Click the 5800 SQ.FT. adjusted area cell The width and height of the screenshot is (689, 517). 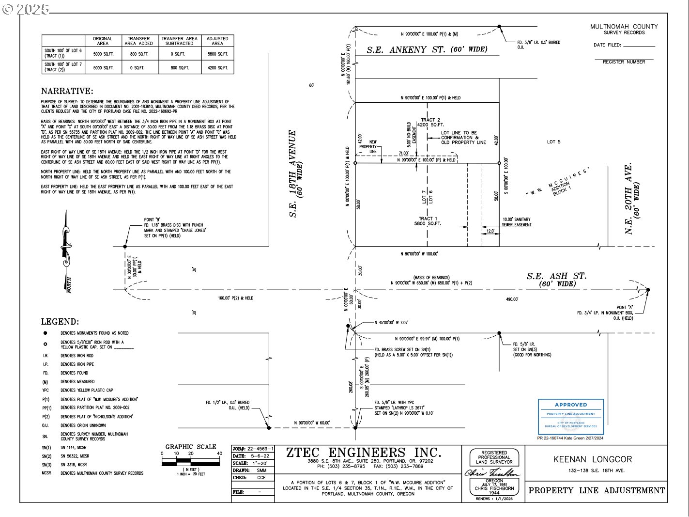(217, 54)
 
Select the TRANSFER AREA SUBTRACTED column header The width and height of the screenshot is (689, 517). (179, 41)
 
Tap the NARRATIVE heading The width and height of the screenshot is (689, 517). (67, 91)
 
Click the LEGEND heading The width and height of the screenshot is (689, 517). (60, 322)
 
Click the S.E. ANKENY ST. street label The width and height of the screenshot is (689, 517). (427, 49)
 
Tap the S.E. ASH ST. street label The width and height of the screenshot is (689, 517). (556, 276)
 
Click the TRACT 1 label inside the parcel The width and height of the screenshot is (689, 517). (426, 219)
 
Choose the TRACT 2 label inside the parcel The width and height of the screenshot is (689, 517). (430, 120)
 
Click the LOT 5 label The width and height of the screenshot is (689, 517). (554, 142)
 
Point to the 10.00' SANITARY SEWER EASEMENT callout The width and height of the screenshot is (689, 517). (516, 222)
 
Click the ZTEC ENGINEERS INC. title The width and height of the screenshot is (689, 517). (364, 453)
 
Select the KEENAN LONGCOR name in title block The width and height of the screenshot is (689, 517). (592, 459)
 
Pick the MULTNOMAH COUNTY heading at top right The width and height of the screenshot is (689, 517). (624, 27)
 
